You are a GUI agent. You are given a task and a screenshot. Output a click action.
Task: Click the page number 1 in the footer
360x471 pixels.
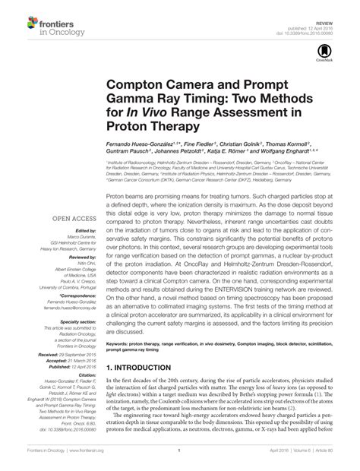click(178, 460)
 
